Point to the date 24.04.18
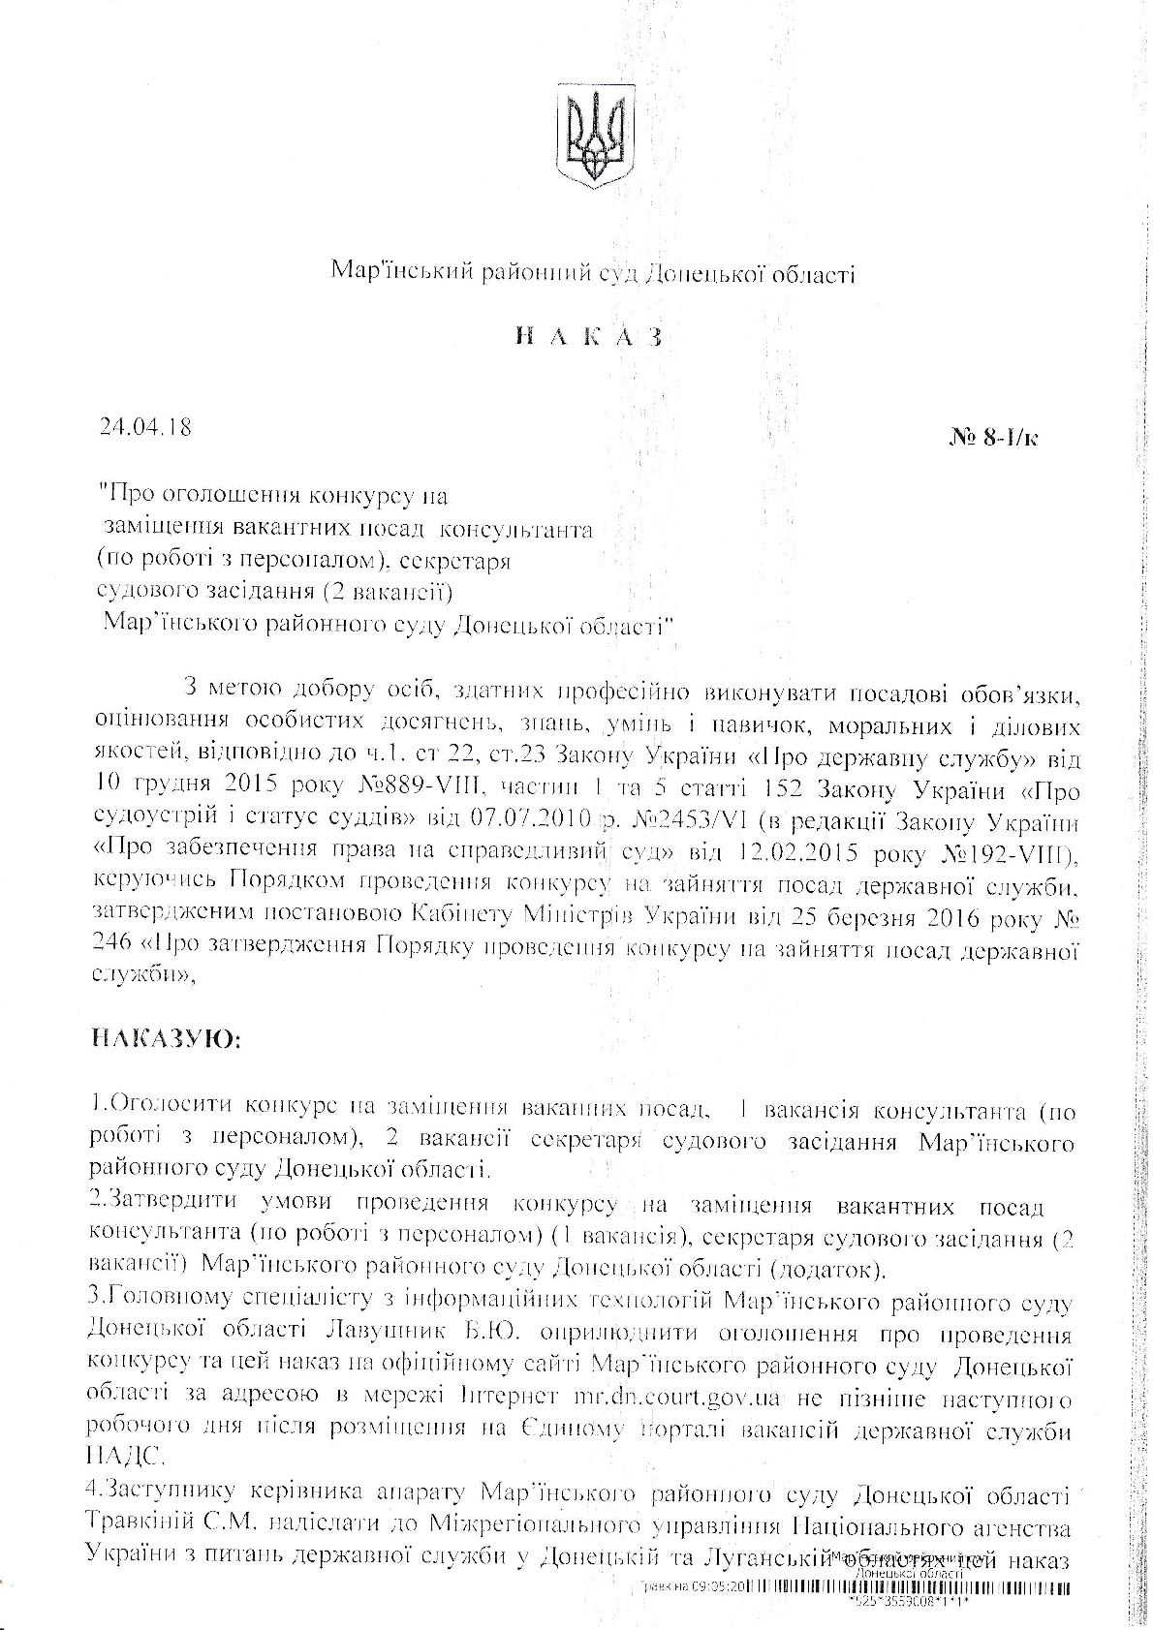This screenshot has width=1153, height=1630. pos(145,426)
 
